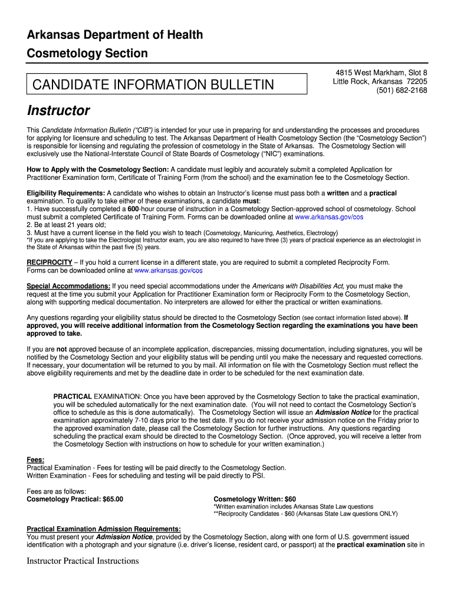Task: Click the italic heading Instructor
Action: click(x=58, y=111)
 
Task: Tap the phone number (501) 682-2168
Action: click(x=402, y=90)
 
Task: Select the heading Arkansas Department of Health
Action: click(x=115, y=35)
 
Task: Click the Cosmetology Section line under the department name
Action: click(x=87, y=54)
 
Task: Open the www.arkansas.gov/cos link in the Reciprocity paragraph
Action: click(x=169, y=271)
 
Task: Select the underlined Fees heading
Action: click(x=36, y=459)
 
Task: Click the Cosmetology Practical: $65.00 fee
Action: click(x=75, y=499)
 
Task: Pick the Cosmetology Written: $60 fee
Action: click(x=255, y=499)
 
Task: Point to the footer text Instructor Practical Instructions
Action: click(x=83, y=561)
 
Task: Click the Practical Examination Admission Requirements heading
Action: click(x=104, y=529)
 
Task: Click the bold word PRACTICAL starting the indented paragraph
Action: click(x=73, y=396)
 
